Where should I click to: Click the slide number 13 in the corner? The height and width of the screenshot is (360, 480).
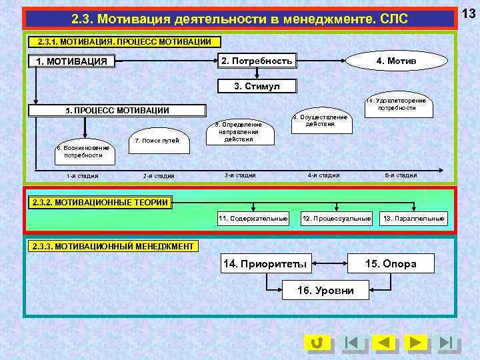[469, 14]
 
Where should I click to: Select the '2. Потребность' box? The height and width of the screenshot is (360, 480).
[257, 61]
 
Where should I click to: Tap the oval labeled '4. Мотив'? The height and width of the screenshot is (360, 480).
[397, 61]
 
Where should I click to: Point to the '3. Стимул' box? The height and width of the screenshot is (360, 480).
[257, 87]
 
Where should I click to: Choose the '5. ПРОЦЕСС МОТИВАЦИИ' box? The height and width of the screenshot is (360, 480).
[117, 111]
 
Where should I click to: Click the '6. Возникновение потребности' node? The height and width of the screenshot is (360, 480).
[83, 151]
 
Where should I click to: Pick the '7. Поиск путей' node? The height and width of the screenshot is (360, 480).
[157, 141]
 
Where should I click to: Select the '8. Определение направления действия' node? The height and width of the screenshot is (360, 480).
[238, 132]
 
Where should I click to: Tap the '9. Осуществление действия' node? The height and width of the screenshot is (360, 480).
[321, 121]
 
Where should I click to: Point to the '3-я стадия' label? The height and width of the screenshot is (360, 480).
[240, 175]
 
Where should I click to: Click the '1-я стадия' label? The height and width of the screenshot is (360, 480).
[83, 176]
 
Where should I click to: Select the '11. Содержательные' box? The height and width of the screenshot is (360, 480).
[253, 218]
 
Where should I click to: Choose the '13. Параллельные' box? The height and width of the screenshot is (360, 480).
[413, 218]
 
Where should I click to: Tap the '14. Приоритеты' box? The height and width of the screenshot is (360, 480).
[265, 264]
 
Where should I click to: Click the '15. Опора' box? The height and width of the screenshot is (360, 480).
[391, 264]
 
